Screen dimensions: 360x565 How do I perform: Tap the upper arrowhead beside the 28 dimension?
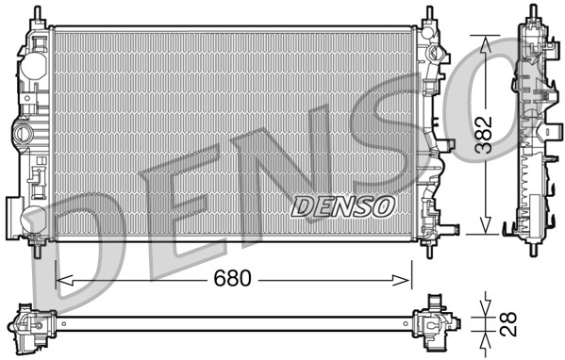tap(485, 307)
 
